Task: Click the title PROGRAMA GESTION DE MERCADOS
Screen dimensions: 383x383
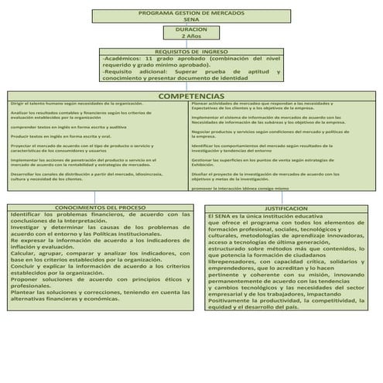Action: (x=191, y=14)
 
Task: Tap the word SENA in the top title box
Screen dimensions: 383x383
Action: (x=191, y=20)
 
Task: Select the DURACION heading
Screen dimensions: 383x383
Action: (x=190, y=29)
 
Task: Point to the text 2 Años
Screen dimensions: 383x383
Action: (x=190, y=36)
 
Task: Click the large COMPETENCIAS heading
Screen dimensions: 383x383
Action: (x=190, y=96)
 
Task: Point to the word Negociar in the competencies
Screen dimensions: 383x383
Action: (x=203, y=132)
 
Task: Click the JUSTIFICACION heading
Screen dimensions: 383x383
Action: (x=286, y=208)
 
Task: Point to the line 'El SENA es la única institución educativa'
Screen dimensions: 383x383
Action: (x=263, y=216)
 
